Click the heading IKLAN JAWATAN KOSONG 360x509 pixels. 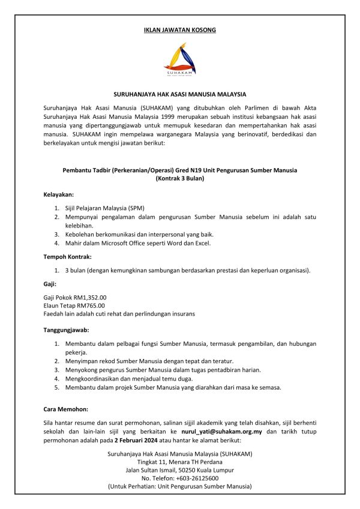pyautogui.click(x=179, y=29)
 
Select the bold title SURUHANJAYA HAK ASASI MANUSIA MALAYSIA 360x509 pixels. pyautogui.click(x=179, y=94)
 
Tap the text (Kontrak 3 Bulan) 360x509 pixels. pyautogui.click(x=179, y=179)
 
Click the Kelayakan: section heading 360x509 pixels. pyautogui.click(x=58, y=195)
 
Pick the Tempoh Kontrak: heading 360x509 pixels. pyautogui.click(x=67, y=257)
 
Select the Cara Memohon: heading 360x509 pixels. pyautogui.click(x=65, y=409)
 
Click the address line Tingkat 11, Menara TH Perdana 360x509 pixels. pyautogui.click(x=179, y=461)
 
